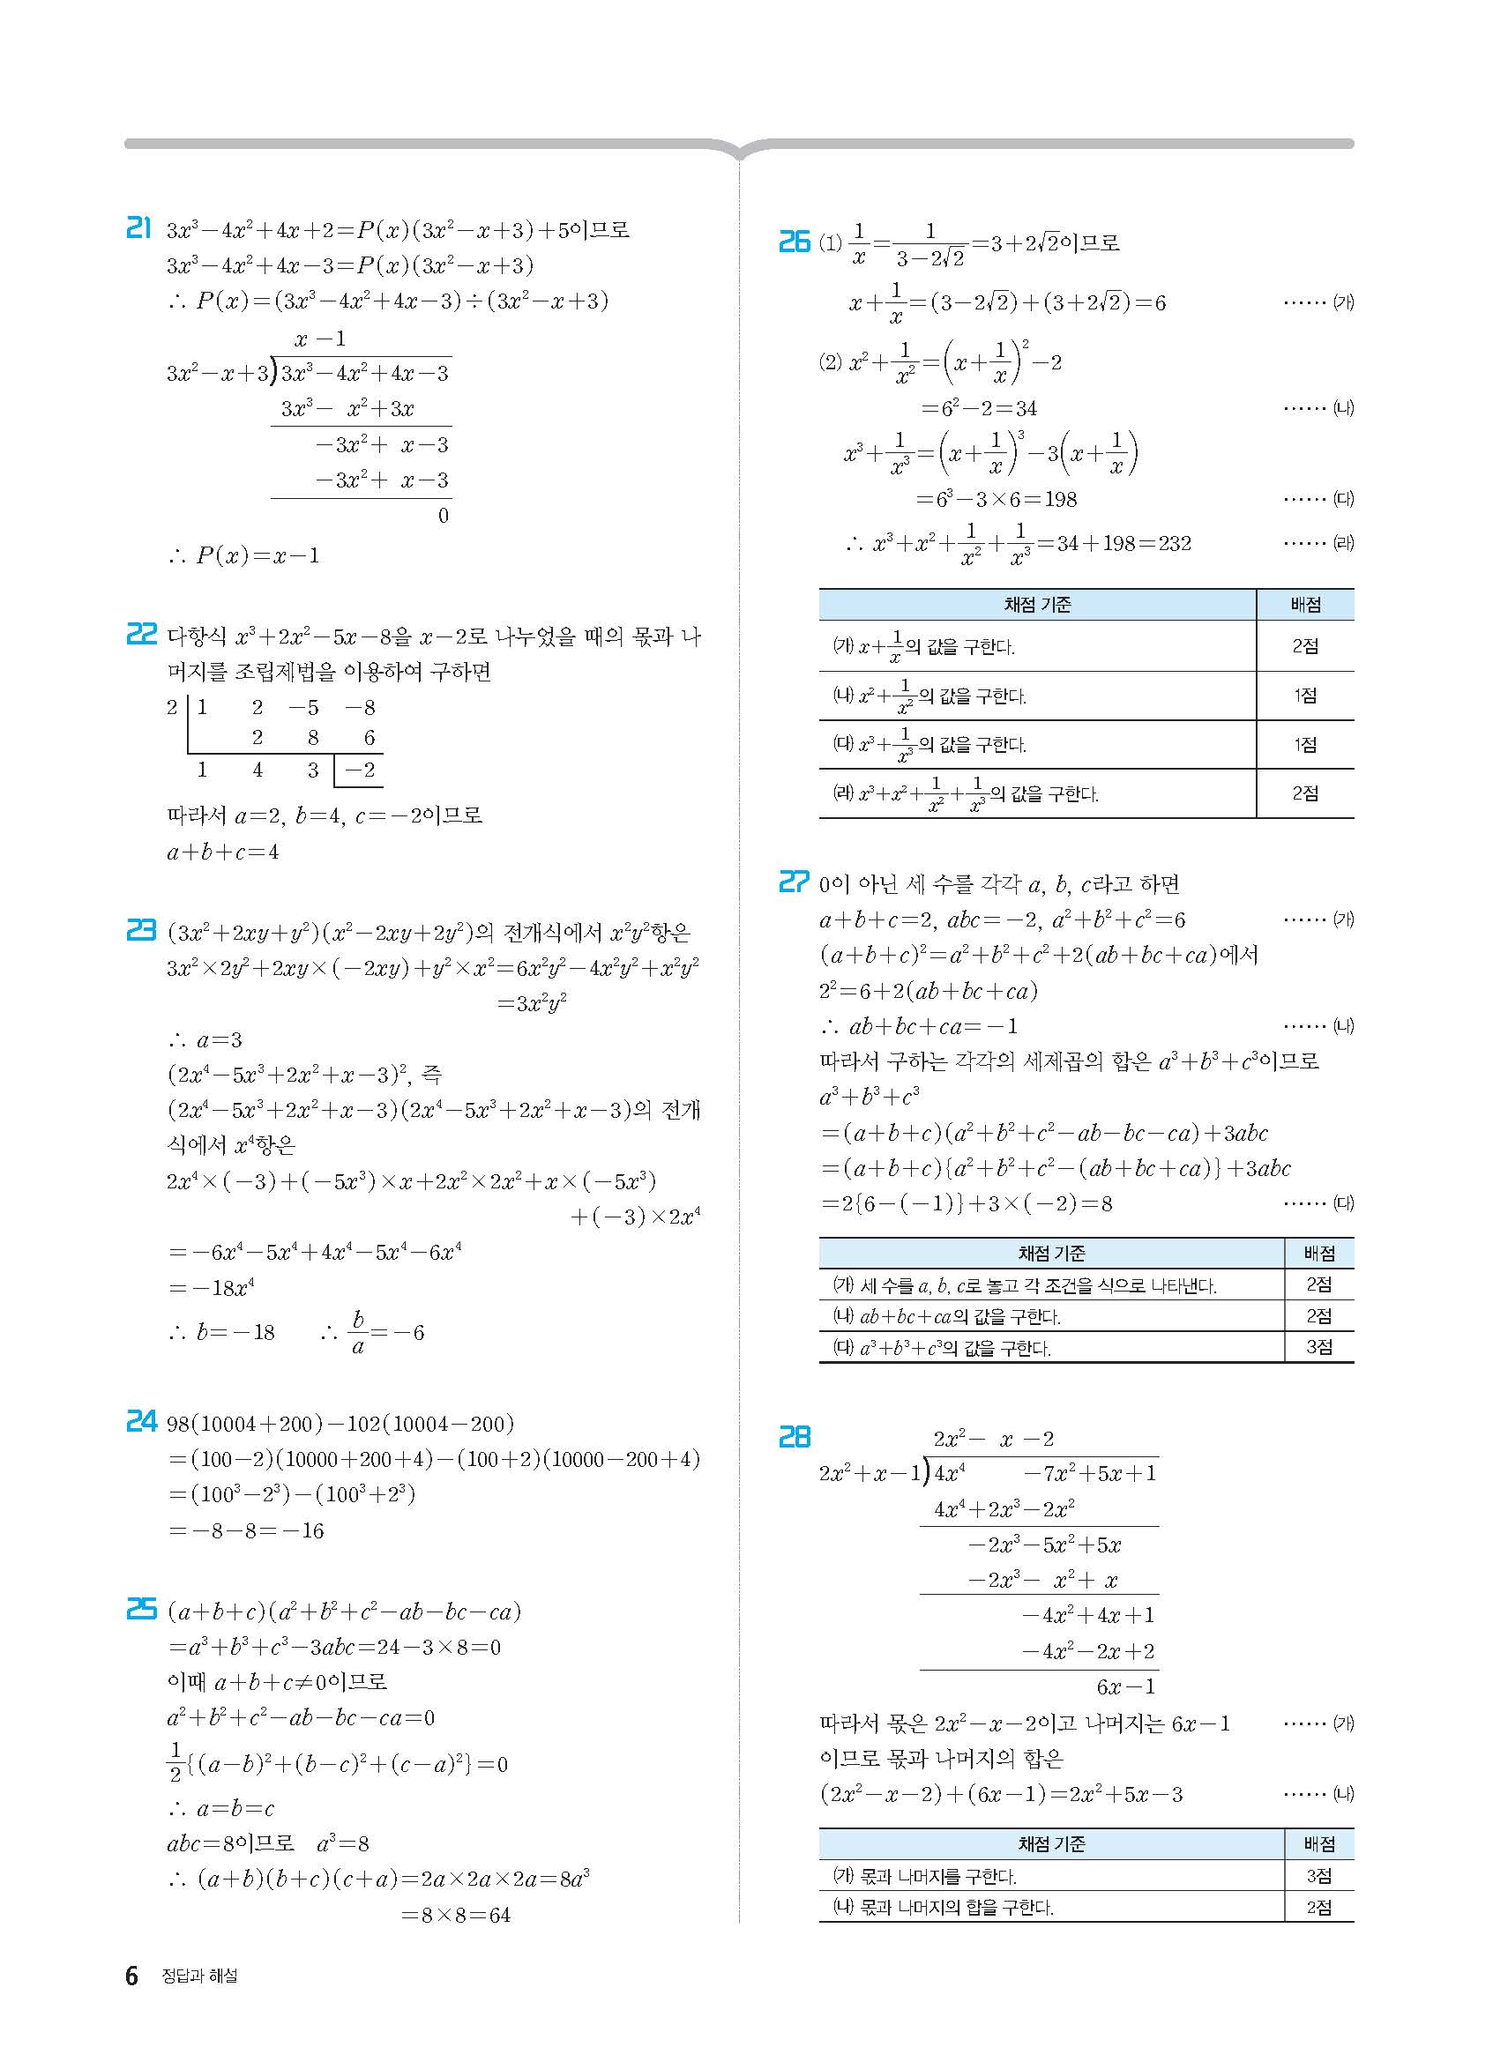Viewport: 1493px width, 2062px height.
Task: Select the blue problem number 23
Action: click(141, 930)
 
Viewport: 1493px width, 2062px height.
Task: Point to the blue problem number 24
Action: click(141, 1421)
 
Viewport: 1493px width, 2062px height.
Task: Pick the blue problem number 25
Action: click(141, 1609)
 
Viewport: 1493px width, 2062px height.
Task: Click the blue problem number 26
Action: click(794, 242)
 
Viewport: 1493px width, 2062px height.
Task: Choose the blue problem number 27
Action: click(794, 882)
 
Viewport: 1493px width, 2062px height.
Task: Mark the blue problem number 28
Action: click(794, 1436)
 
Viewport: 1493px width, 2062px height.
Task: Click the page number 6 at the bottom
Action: click(132, 1976)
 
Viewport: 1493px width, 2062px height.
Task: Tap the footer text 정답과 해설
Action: click(199, 1976)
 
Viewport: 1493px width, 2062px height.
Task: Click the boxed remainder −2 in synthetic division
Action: click(360, 770)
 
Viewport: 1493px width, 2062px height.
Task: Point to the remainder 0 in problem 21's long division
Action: click(443, 516)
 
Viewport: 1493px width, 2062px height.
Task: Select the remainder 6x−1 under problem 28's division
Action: click(1125, 1686)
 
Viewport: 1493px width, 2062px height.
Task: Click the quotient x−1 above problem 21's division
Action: click(320, 339)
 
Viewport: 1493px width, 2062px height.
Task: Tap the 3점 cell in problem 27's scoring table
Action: click(1318, 1346)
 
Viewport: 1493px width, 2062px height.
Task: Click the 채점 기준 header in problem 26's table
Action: click(1037, 605)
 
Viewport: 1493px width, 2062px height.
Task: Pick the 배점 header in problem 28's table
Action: click(1318, 1843)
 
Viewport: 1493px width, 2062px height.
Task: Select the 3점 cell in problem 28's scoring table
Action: click(1318, 1875)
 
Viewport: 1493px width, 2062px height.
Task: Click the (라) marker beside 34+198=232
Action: click(1343, 544)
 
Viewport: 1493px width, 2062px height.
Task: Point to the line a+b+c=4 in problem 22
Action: click(223, 852)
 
